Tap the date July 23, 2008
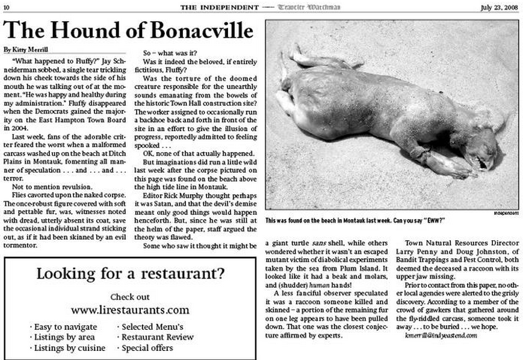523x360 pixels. tap(499, 7)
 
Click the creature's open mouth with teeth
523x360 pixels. tap(481, 161)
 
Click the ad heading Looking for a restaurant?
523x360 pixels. tap(131, 275)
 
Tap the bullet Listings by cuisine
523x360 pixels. tap(67, 347)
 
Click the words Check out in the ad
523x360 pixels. tap(130, 297)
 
